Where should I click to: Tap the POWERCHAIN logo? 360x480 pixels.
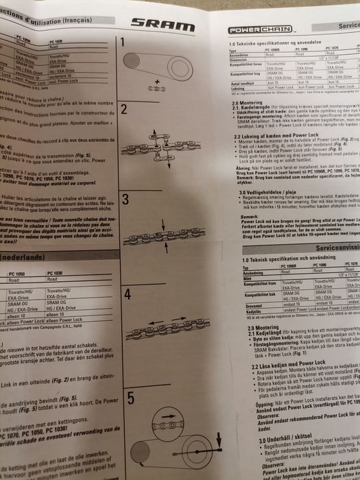[252, 31]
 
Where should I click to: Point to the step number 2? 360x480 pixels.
[124, 109]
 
